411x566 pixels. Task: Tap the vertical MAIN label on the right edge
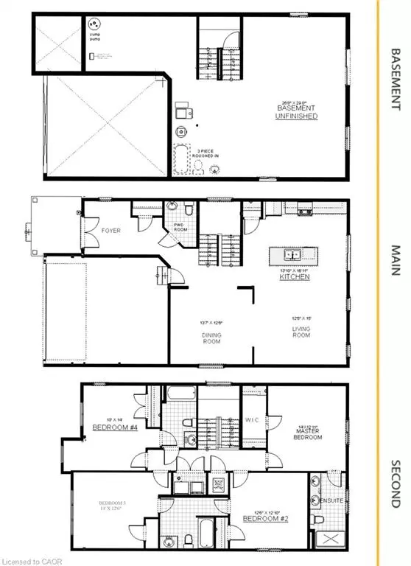(x=395, y=260)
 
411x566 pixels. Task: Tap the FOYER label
(x=111, y=230)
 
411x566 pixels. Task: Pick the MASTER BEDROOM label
(x=307, y=434)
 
